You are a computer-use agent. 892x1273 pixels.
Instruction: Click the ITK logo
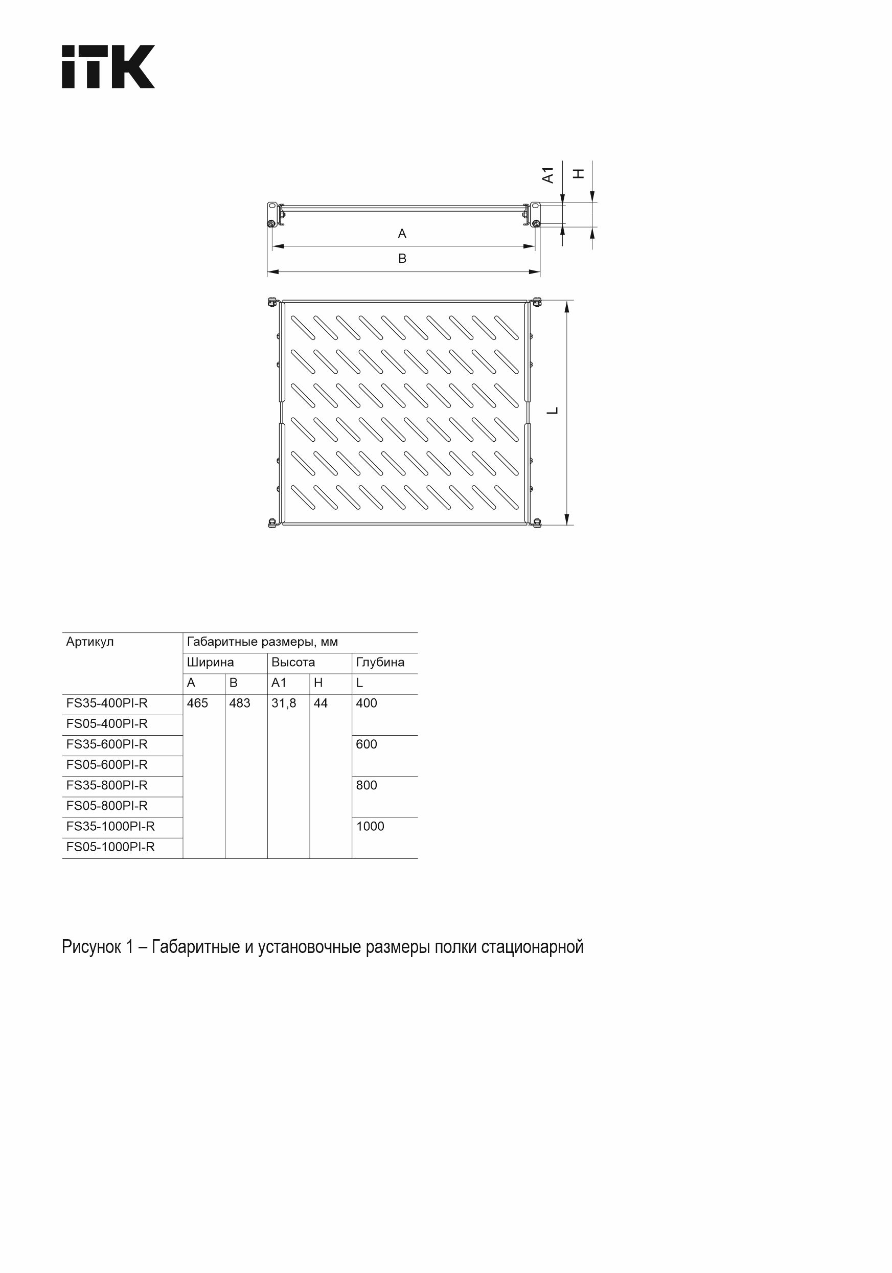[108, 66]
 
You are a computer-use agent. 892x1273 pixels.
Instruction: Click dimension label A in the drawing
[402, 234]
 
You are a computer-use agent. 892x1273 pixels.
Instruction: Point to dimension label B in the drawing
[402, 258]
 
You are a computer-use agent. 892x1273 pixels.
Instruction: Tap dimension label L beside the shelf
[552, 411]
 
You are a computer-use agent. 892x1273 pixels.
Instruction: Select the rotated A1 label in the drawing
[548, 175]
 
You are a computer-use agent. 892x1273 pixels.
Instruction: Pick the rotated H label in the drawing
[578, 173]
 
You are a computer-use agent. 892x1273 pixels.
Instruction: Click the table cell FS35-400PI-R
[107, 703]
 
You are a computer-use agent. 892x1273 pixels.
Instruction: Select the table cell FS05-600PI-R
[107, 765]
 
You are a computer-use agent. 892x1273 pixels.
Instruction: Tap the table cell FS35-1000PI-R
[110, 827]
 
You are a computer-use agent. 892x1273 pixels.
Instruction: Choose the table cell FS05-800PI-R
[107, 806]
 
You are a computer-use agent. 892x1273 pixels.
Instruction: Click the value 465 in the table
[197, 703]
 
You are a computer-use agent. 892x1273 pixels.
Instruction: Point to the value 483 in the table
[240, 703]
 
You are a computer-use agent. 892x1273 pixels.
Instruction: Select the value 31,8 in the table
[283, 703]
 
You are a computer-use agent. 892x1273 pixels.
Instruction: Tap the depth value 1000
[370, 827]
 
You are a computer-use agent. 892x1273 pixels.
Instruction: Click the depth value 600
[367, 744]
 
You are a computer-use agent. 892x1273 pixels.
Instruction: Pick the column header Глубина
[380, 663]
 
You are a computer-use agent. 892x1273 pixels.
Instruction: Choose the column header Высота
[293, 663]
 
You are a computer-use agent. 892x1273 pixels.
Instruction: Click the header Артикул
[90, 642]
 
